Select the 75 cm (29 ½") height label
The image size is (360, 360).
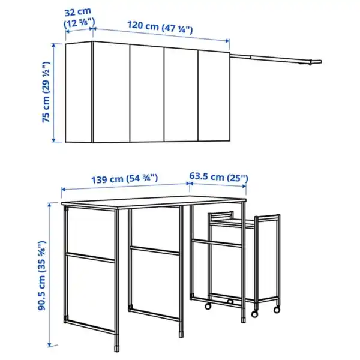[46, 94]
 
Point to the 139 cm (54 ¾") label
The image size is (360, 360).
[125, 178]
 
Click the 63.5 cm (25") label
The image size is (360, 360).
[218, 178]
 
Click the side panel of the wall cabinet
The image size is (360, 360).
[79, 92]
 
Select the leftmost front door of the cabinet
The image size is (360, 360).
[111, 92]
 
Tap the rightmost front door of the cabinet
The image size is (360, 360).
[214, 92]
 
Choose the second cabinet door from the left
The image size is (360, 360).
[148, 92]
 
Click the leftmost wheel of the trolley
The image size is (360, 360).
[208, 307]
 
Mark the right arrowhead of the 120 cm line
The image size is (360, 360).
[228, 41]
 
